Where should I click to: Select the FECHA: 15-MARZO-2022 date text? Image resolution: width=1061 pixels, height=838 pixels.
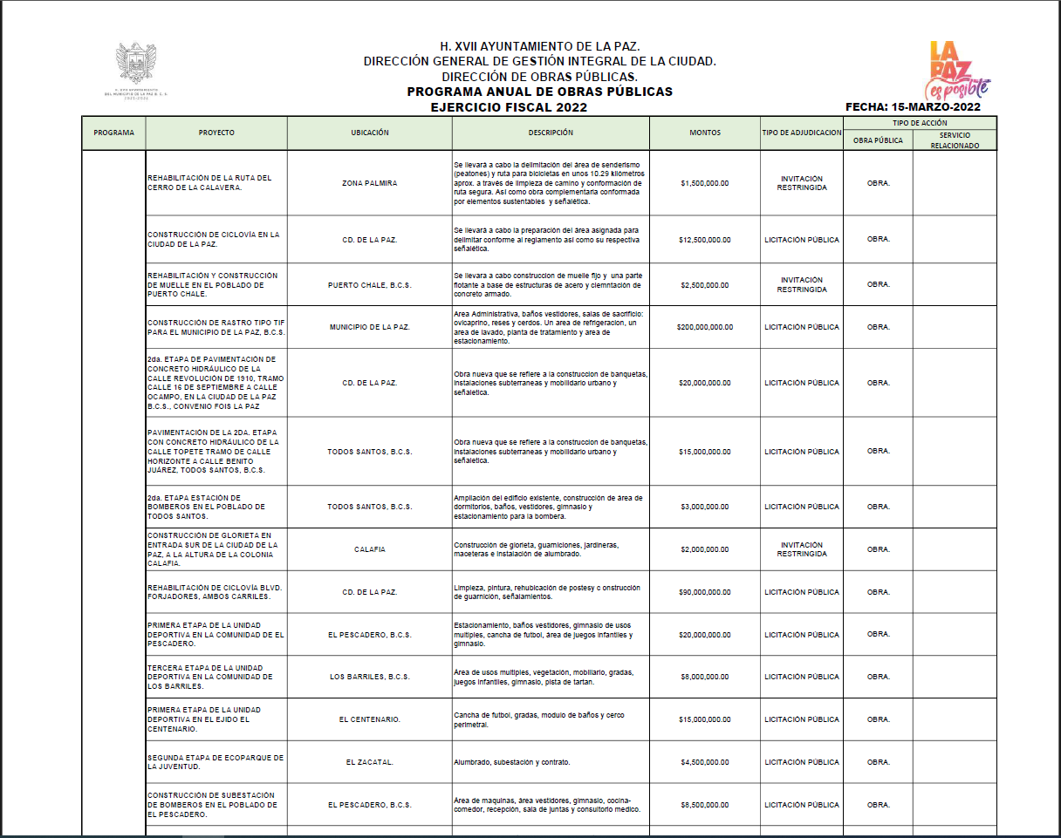coord(913,107)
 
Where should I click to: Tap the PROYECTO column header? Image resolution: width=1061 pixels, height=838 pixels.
coord(216,133)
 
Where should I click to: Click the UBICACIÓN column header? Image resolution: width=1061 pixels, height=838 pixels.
coord(369,133)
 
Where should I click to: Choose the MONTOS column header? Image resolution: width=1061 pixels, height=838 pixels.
coord(705,133)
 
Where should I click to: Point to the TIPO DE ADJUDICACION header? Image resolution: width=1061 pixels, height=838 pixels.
coord(801,133)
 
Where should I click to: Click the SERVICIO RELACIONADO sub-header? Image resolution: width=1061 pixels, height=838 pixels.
coord(954,141)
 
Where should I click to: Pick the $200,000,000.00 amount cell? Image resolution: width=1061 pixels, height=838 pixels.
coord(705,328)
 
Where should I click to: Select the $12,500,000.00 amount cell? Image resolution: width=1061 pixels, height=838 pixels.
coord(705,240)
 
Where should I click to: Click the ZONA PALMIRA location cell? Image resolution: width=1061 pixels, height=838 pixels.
coord(369,184)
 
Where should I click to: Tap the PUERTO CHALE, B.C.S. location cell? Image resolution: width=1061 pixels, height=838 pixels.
coord(369,285)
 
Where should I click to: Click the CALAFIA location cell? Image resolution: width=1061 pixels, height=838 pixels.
coord(369,549)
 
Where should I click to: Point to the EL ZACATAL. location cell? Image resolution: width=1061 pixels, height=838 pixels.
coord(369,762)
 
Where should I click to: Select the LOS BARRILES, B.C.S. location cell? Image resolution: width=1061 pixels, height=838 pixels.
coord(369,677)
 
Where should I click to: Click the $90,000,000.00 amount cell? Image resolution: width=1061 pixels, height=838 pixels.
coord(705,592)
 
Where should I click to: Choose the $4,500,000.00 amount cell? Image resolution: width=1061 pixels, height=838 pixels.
coord(705,762)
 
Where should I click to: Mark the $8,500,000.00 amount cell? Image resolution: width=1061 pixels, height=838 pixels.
coord(705,805)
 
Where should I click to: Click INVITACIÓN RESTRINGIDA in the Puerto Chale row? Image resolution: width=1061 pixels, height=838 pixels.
coord(801,285)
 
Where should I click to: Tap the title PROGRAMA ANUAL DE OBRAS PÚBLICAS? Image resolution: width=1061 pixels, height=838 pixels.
coord(539,92)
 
